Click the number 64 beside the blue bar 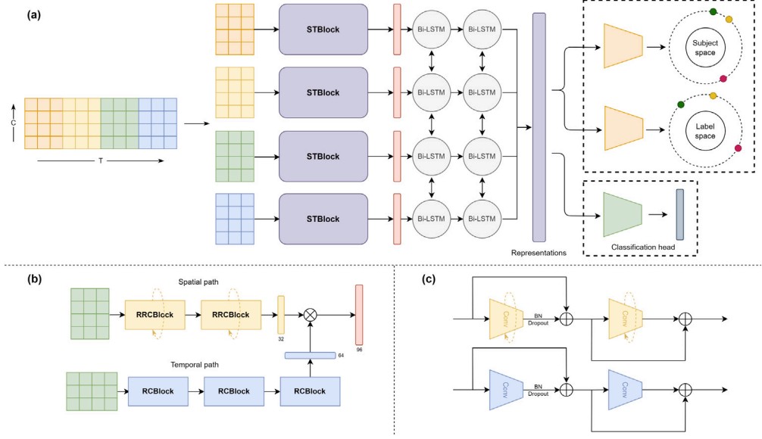point(341,354)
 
